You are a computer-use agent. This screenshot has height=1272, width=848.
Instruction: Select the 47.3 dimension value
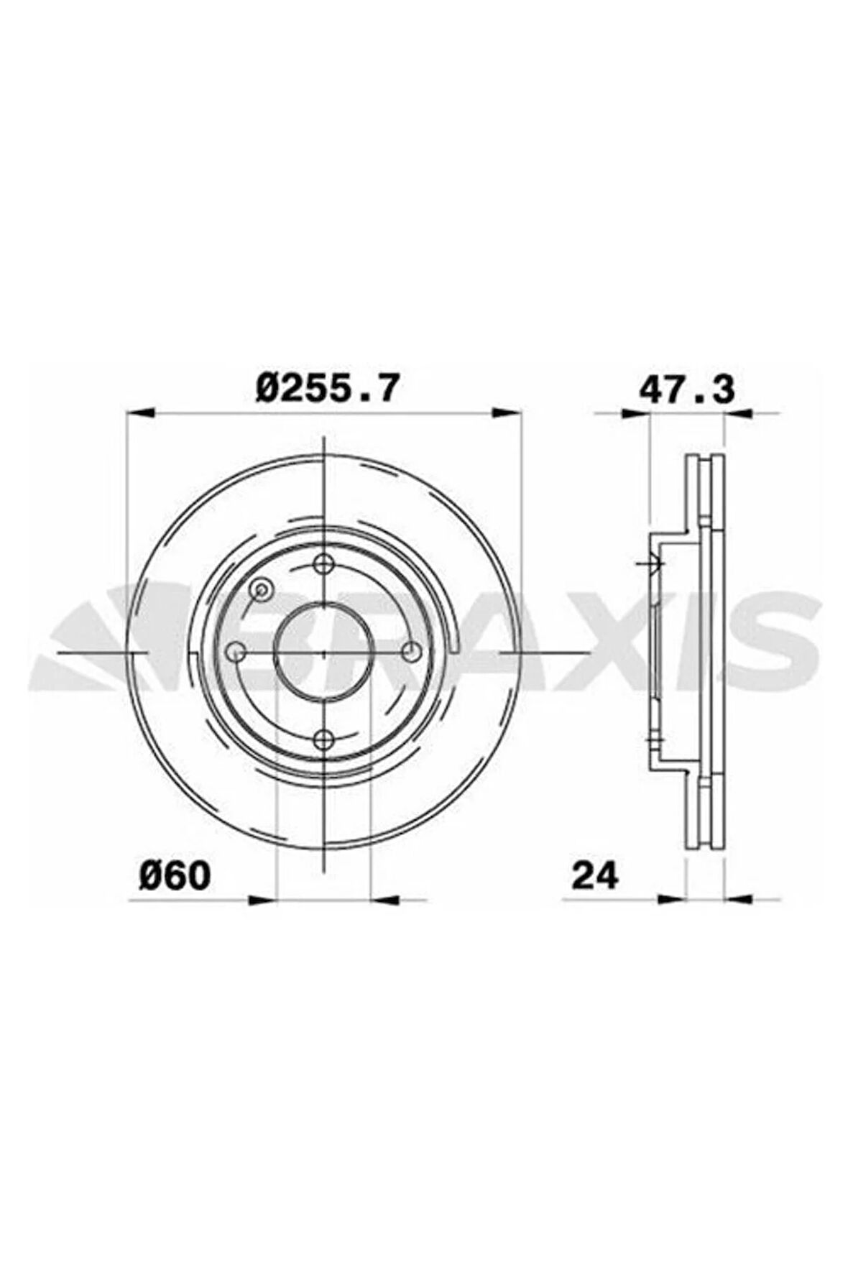tap(686, 389)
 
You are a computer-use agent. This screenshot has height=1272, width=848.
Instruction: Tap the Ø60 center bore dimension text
tap(175, 875)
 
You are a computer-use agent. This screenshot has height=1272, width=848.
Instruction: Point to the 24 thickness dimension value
tap(594, 875)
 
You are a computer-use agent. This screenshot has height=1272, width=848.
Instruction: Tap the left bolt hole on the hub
tap(236, 652)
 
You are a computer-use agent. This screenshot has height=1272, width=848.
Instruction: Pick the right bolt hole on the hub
tap(411, 652)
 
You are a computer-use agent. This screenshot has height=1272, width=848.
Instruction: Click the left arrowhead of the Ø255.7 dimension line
tap(139, 413)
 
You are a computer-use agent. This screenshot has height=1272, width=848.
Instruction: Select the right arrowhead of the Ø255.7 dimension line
tap(507, 413)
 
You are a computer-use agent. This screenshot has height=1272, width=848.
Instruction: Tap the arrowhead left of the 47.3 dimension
tap(635, 413)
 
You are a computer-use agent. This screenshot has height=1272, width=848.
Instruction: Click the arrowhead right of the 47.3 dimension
tap(737, 413)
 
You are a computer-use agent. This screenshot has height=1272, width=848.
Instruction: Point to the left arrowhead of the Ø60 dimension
tap(263, 898)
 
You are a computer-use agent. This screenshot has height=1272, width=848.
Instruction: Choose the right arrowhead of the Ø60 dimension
tap(384, 898)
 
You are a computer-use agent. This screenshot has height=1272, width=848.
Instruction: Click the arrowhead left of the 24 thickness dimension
tap(673, 898)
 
